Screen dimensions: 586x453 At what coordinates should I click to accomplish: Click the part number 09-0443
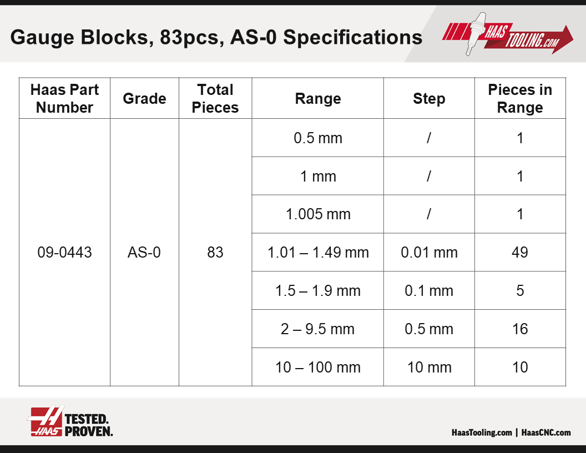click(64, 252)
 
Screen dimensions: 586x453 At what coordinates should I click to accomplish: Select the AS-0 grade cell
click(144, 252)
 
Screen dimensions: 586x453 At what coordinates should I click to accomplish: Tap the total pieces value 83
click(215, 252)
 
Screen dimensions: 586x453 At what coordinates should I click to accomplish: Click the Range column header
click(317, 99)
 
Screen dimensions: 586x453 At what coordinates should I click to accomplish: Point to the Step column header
click(429, 99)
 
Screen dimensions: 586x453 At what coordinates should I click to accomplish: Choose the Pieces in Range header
click(520, 98)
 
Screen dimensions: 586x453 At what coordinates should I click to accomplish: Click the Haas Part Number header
click(64, 98)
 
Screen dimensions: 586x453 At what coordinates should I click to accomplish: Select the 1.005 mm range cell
click(318, 214)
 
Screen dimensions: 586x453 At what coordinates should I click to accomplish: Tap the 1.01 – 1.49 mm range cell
click(318, 252)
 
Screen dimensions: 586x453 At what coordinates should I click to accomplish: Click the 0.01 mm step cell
click(429, 252)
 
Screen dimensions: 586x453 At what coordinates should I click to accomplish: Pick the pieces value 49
click(520, 252)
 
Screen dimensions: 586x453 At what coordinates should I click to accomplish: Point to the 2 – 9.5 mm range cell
click(317, 329)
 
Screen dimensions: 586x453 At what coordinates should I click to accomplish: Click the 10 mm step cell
click(430, 367)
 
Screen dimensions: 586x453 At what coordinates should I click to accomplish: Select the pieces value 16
click(520, 329)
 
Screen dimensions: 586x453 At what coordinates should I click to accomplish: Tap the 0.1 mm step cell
click(429, 290)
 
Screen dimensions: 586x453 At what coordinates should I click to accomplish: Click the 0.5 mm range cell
click(318, 138)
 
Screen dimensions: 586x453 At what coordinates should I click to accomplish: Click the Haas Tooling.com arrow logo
click(508, 34)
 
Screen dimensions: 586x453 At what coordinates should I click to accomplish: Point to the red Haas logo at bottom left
click(46, 421)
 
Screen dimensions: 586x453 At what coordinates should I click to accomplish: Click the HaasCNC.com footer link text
click(546, 432)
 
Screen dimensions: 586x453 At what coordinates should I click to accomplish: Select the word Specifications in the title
click(353, 38)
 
